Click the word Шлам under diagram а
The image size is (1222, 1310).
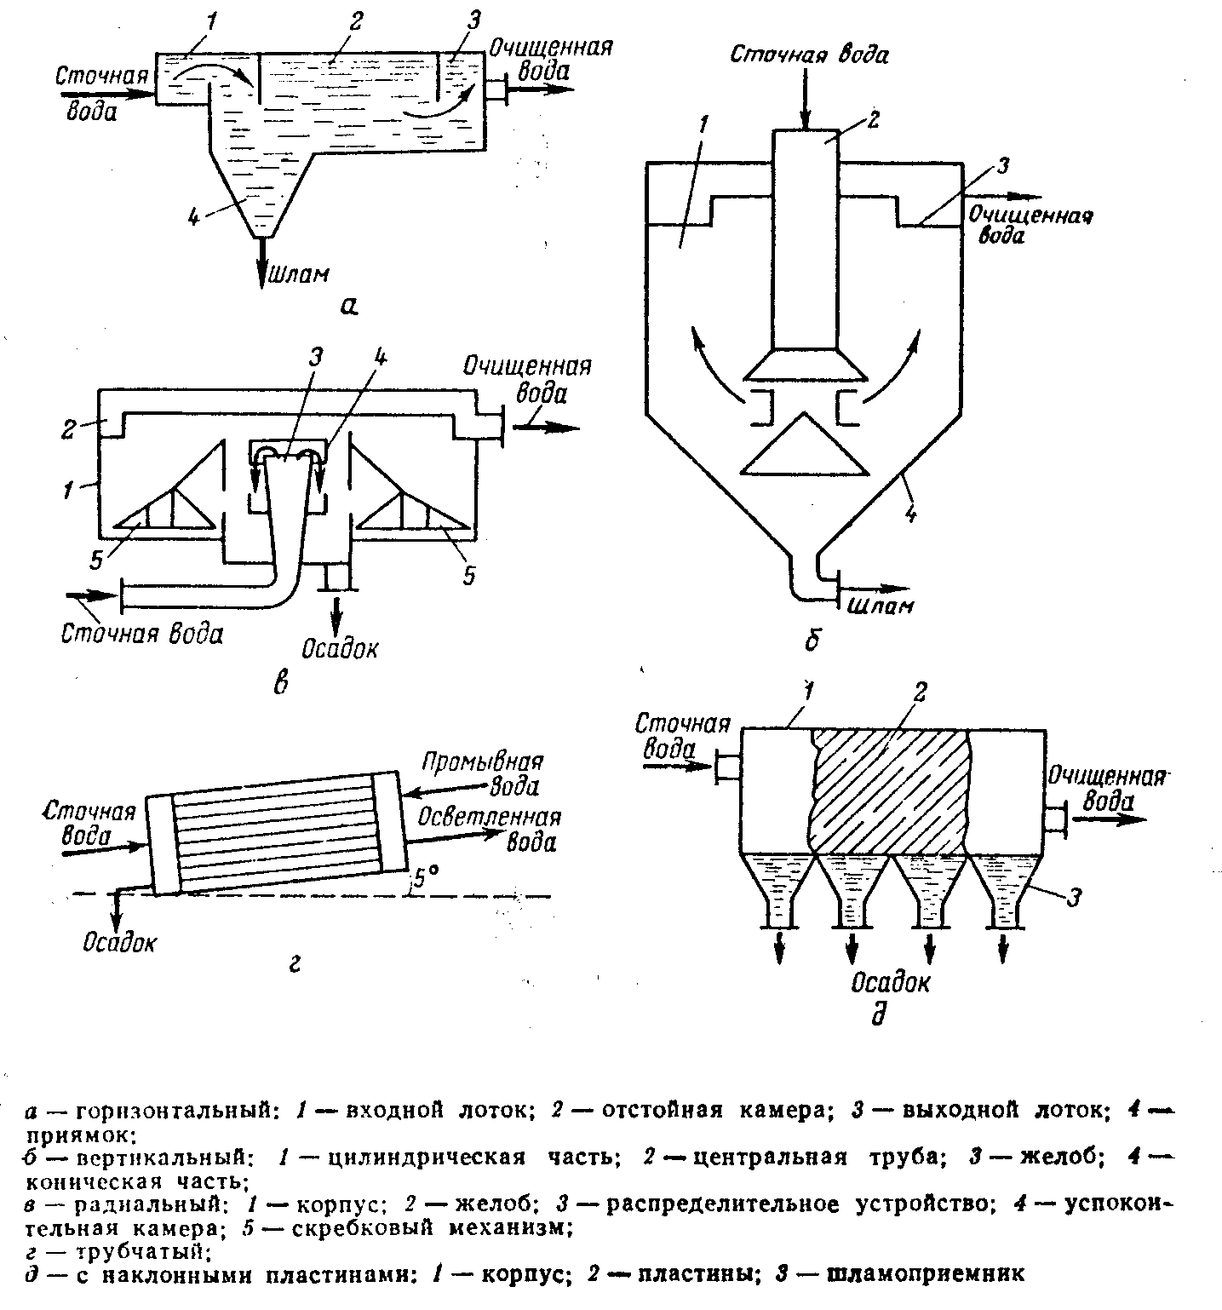coord(297,274)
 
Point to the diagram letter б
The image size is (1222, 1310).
coord(812,640)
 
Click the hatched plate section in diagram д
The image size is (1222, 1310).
coord(891,792)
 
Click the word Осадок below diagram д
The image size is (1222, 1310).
coord(891,982)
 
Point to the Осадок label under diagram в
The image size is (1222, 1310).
coord(342,646)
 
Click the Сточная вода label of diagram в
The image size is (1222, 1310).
coord(141,635)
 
